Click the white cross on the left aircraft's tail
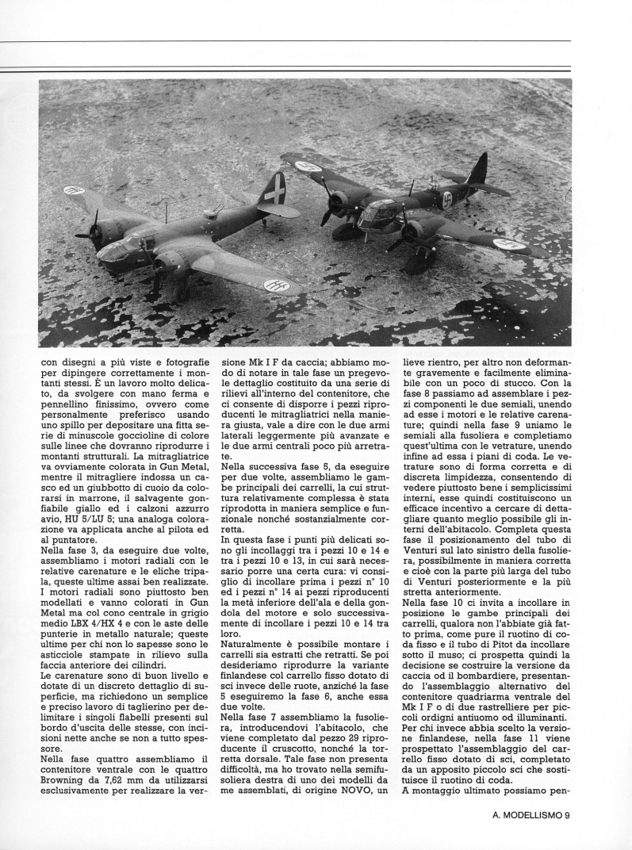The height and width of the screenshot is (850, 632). [274, 191]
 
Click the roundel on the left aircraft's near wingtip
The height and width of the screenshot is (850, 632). [278, 283]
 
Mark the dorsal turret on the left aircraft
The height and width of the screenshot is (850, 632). [211, 213]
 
